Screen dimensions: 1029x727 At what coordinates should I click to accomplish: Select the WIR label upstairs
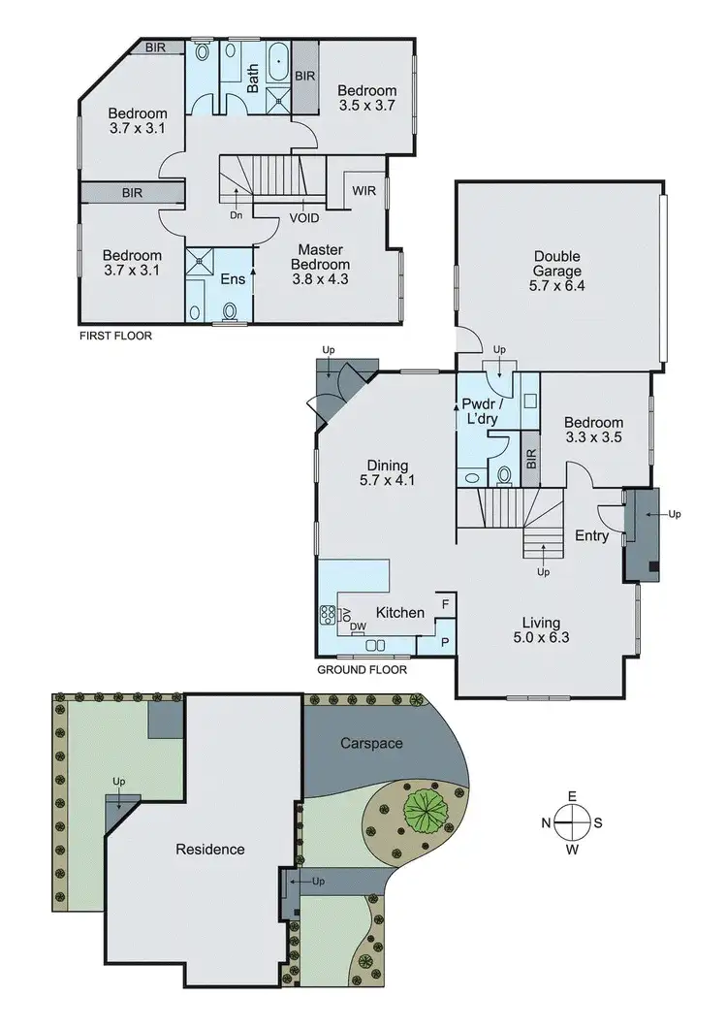tap(364, 190)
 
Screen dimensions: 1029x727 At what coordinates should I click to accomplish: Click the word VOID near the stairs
tap(303, 218)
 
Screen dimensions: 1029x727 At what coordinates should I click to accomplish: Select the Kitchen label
tap(399, 613)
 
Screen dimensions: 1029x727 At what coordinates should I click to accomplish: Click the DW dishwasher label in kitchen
tap(359, 627)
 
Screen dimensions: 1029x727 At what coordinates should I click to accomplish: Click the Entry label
tap(592, 535)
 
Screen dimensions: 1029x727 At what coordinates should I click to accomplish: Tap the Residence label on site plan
tap(209, 850)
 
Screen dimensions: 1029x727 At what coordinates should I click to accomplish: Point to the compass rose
tap(572, 822)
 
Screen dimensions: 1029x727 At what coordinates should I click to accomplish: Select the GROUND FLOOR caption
tap(362, 669)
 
